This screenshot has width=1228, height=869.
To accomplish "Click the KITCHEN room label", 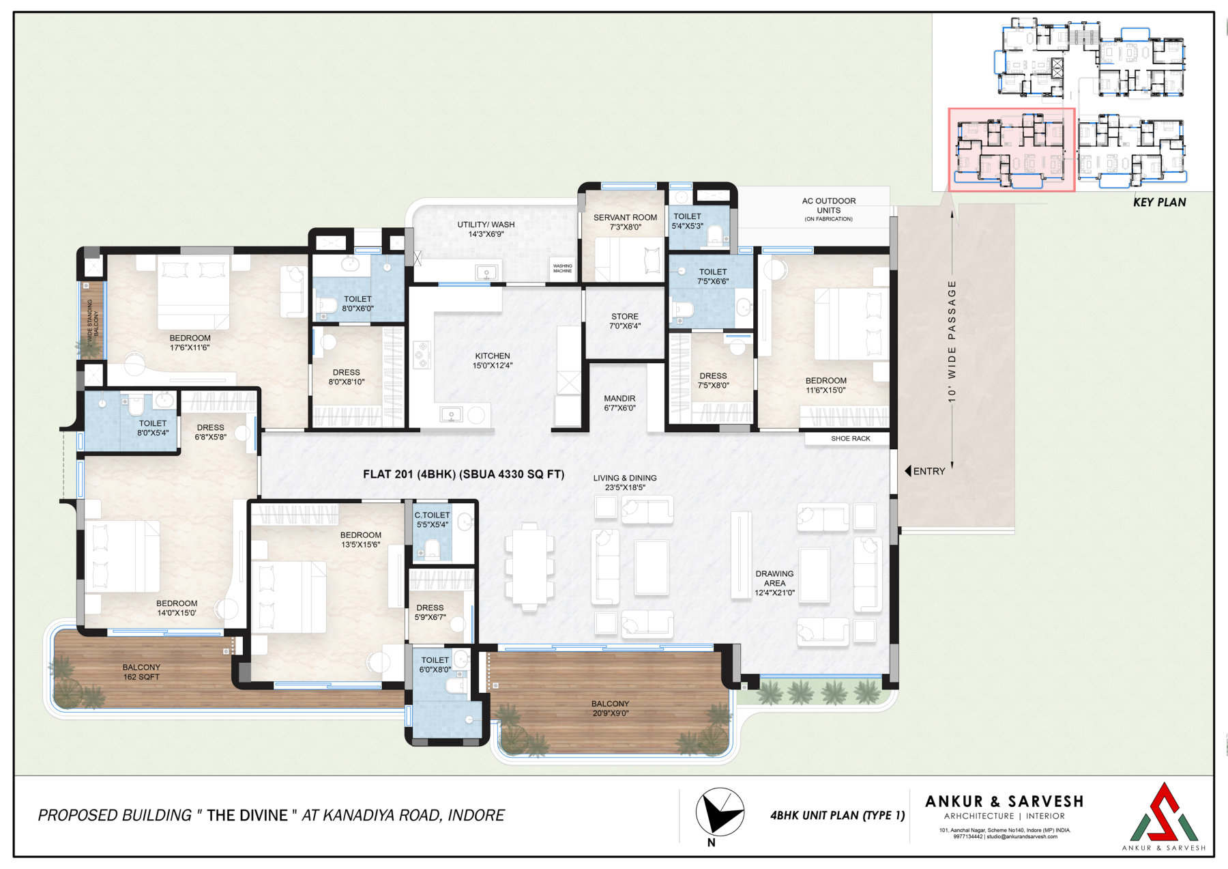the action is (493, 360).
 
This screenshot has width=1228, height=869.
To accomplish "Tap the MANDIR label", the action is (619, 403).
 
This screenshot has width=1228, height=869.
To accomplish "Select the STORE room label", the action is (625, 321).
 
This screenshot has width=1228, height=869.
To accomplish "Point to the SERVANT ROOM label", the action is (625, 222).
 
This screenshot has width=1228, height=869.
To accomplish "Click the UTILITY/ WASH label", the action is (486, 229).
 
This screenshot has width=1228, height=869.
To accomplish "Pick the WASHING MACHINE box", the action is (563, 268).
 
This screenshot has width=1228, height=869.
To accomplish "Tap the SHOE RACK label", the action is (851, 438).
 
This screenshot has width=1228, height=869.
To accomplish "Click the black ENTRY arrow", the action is (908, 471).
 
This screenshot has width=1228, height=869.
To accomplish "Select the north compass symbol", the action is (719, 812).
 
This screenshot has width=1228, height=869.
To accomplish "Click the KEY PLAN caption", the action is (1159, 202).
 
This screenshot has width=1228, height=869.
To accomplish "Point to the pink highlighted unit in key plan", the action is (1012, 149).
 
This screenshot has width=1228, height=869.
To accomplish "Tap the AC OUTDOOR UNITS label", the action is (828, 209).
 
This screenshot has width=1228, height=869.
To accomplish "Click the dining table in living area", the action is (529, 566).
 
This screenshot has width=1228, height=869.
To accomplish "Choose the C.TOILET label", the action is (433, 519).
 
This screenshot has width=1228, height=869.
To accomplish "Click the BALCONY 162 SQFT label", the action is (141, 672).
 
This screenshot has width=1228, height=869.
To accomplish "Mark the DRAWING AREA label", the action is (774, 583).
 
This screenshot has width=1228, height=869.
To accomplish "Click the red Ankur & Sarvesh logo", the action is (1164, 812).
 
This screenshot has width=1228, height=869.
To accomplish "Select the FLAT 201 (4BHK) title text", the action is (463, 474).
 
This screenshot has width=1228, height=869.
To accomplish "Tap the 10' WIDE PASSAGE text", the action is (952, 341).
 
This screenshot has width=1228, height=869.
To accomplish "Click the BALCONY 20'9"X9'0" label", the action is (610, 708).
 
